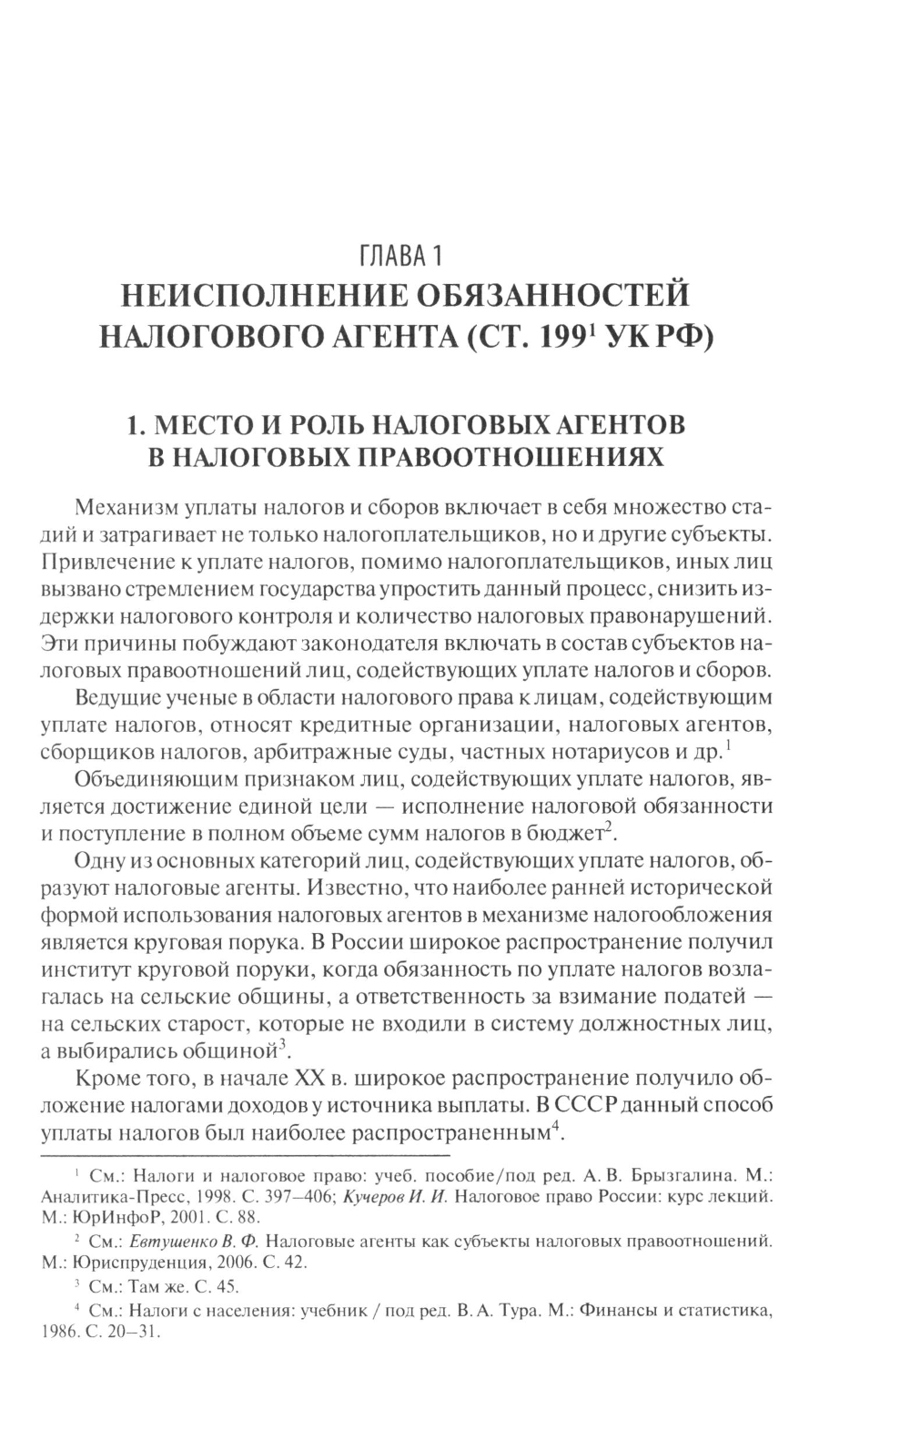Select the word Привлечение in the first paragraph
tap(97, 562)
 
